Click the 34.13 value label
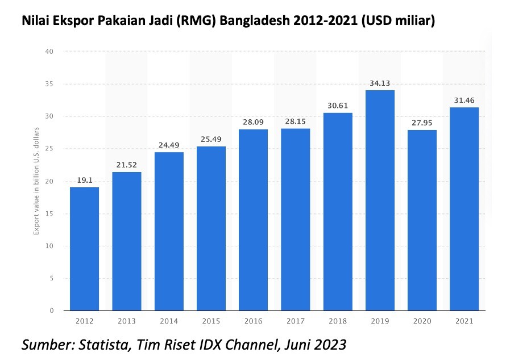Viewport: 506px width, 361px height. coord(380,83)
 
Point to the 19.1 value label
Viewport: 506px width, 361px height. coord(85,179)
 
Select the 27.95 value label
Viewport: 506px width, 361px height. coord(422,123)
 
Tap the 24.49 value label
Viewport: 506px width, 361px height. coord(169,145)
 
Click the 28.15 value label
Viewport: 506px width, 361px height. coord(296,121)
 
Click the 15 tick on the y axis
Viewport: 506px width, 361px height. coord(49,214)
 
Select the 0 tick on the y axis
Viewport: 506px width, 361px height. coord(51,311)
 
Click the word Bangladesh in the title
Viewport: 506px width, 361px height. coord(262,22)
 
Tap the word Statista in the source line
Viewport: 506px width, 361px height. coord(106,344)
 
